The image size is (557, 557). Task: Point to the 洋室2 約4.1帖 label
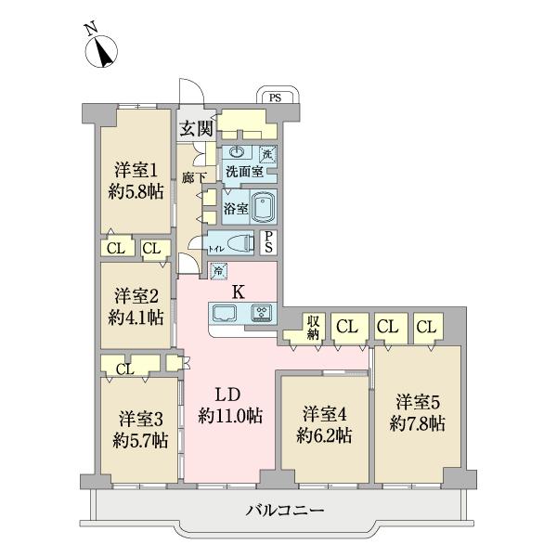[x=134, y=305]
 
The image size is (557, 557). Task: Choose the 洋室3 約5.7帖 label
[x=139, y=429]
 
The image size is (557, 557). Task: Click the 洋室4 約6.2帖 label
[x=323, y=422]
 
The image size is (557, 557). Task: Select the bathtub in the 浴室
[x=264, y=206]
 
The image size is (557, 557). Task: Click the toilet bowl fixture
[x=239, y=244]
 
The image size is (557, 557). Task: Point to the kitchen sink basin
[x=227, y=314]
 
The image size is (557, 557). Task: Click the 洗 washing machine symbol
[x=267, y=154]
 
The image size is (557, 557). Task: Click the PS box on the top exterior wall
[x=275, y=97]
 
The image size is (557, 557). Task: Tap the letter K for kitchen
[x=238, y=291]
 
